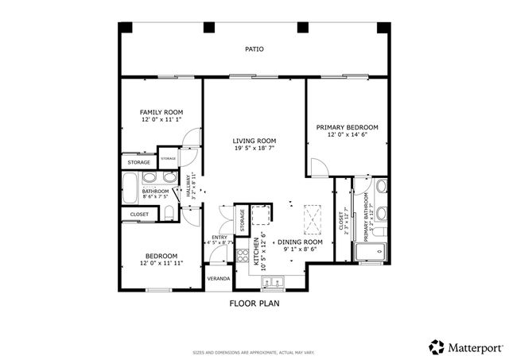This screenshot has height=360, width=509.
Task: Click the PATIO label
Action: (254, 49)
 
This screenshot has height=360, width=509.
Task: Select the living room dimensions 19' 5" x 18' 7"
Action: (254, 149)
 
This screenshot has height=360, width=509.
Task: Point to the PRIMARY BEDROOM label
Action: (347, 127)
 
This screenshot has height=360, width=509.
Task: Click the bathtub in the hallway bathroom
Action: (130, 191)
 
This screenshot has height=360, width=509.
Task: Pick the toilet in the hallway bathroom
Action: (169, 211)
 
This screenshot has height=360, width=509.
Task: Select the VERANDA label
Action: (219, 279)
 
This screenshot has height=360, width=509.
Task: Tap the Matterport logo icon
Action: (437, 346)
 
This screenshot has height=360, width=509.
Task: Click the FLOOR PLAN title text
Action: (254, 303)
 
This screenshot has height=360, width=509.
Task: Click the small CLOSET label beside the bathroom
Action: (139, 214)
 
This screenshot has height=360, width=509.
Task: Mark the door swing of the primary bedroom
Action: (317, 168)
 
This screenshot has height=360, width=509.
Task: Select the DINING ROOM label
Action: (300, 242)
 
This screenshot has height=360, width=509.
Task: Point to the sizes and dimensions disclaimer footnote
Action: (254, 351)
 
